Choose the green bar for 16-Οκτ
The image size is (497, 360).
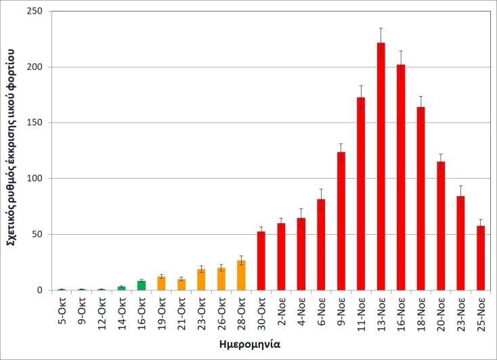click(141, 286)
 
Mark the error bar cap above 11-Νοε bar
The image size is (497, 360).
click(361, 86)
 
